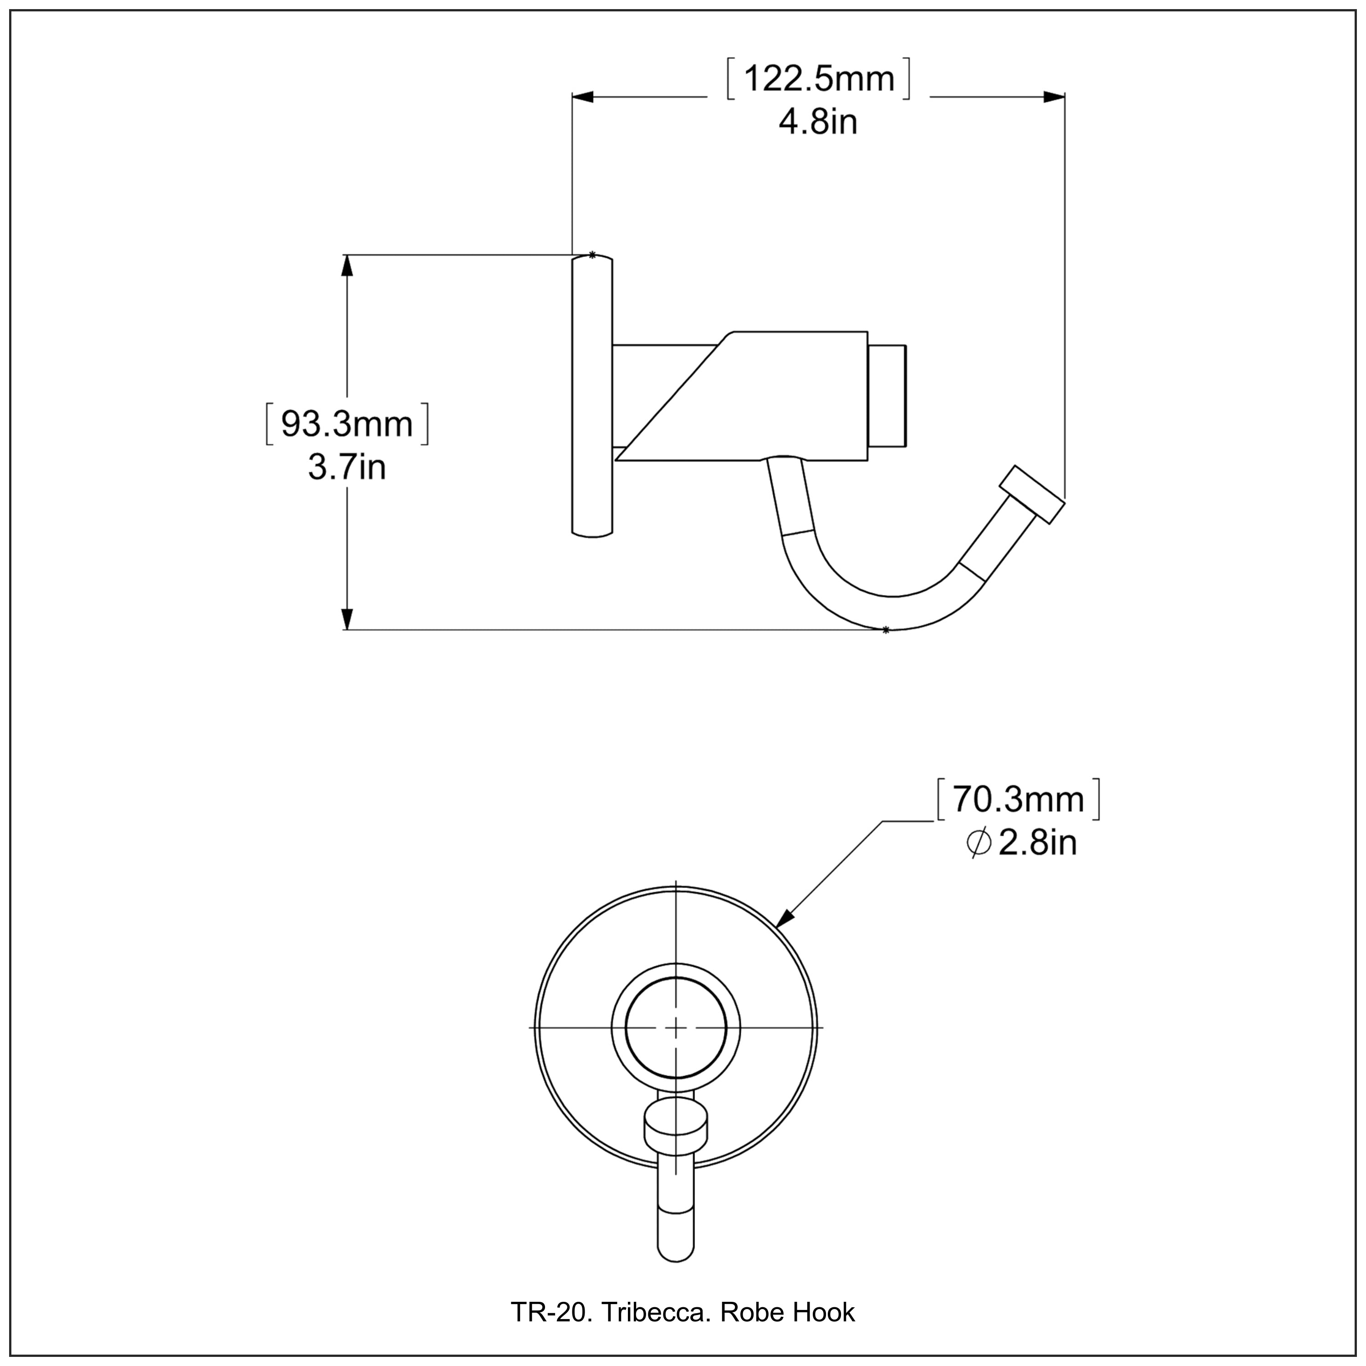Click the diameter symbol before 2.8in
[x=979, y=843]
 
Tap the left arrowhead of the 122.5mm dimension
[x=583, y=97]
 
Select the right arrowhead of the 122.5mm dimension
[x=1054, y=97]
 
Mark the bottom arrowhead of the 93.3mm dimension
[x=347, y=618]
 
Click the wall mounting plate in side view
[x=592, y=396]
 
